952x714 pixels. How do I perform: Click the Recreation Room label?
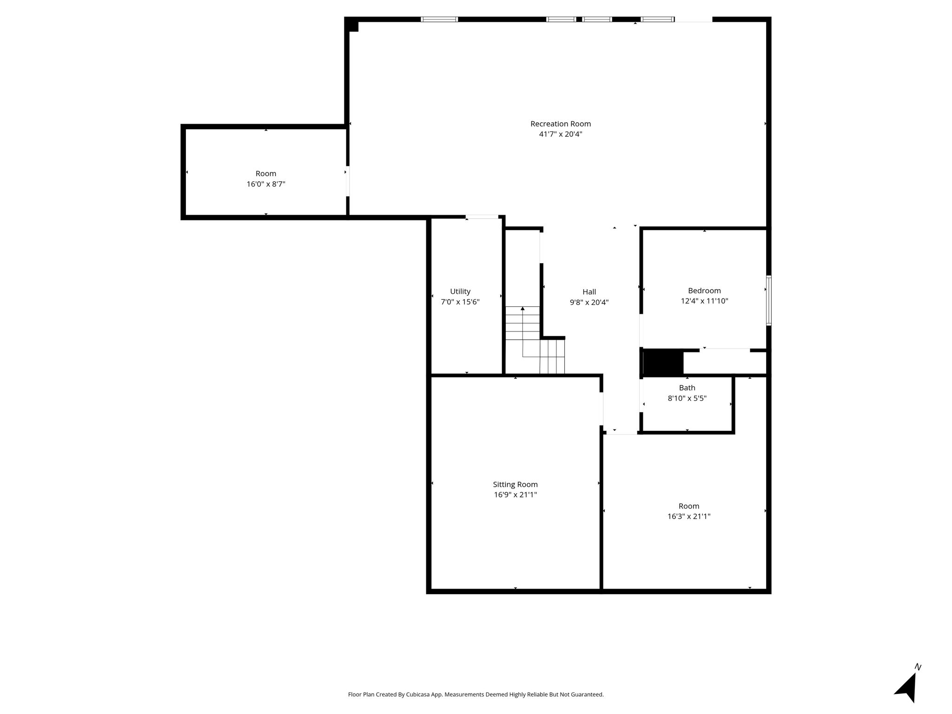click(x=561, y=124)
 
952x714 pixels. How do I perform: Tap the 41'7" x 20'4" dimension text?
click(x=561, y=134)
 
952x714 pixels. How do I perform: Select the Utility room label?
click(x=460, y=291)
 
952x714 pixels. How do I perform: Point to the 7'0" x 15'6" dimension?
click(x=460, y=302)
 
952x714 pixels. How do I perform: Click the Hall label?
click(x=589, y=292)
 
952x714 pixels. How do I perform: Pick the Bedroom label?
click(x=704, y=291)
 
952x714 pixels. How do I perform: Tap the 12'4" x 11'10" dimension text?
click(x=704, y=301)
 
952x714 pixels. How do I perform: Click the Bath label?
click(x=687, y=388)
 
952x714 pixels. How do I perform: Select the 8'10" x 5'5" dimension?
click(x=687, y=398)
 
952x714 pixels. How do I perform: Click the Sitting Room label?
click(x=515, y=484)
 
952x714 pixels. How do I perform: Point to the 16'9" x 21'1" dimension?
click(x=515, y=495)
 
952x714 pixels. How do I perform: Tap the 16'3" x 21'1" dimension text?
click(x=689, y=516)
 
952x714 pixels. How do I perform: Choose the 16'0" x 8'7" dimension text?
click(x=266, y=184)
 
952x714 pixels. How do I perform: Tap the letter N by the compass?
click(x=918, y=667)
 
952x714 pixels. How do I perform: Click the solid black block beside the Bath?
click(x=663, y=363)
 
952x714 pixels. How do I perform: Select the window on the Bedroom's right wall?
click(x=769, y=300)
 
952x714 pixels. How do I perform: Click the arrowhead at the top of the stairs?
click(x=522, y=308)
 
